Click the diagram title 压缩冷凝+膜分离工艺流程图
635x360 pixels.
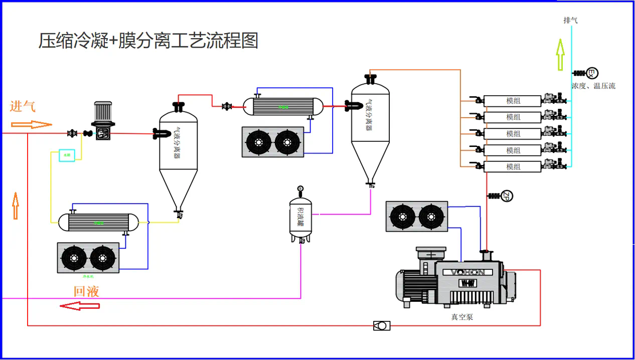pyautogui.click(x=148, y=41)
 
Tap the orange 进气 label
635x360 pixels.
pyautogui.click(x=23, y=106)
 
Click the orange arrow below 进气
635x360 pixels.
pyautogui.click(x=32, y=124)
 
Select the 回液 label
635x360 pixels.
pyautogui.click(x=86, y=291)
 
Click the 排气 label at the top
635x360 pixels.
pyautogui.click(x=571, y=21)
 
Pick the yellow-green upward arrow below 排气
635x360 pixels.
pyautogui.click(x=560, y=55)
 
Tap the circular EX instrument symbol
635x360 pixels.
pyautogui.click(x=592, y=73)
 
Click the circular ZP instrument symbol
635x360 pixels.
pyautogui.click(x=508, y=196)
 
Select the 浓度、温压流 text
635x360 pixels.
pyautogui.click(x=593, y=86)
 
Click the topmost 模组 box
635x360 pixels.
pyautogui.click(x=513, y=101)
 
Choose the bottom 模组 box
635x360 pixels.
pyautogui.click(x=513, y=166)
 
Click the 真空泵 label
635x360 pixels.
pyautogui.click(x=461, y=317)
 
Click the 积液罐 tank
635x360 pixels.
pyautogui.click(x=300, y=217)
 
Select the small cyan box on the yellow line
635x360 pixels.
pyautogui.click(x=67, y=155)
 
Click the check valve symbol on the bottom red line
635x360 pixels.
pyautogui.click(x=382, y=325)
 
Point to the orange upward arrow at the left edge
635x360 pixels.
pyautogui.click(x=16, y=206)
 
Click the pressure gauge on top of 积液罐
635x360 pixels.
pyautogui.click(x=300, y=189)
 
